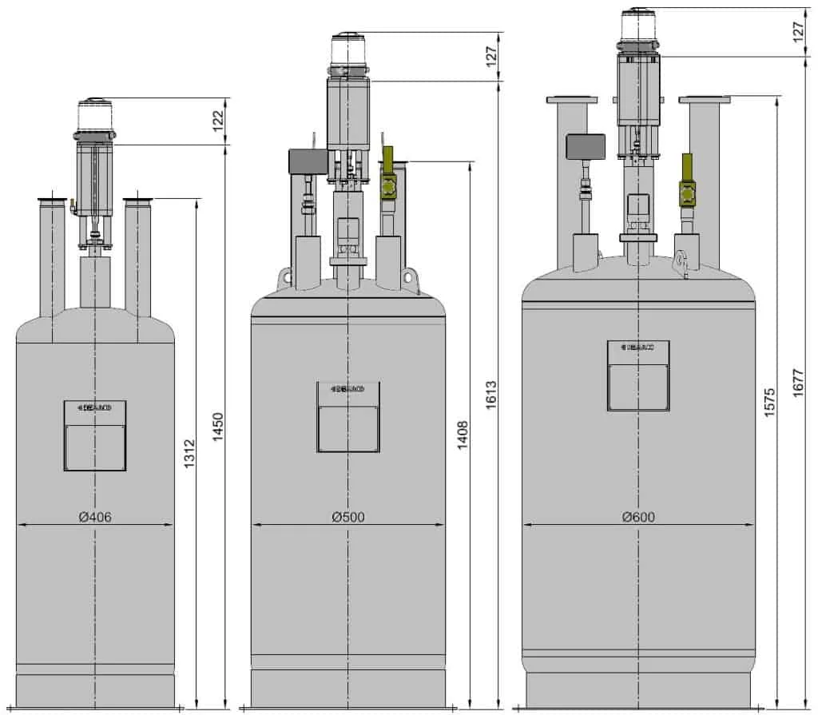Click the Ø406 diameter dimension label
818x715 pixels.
point(95,517)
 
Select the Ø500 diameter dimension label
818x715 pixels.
point(348,517)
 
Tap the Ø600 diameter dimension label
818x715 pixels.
point(638,517)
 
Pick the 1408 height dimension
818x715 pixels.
point(463,435)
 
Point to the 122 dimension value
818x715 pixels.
point(218,121)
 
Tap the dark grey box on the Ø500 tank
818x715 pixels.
point(306,162)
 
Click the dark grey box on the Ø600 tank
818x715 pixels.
point(585,145)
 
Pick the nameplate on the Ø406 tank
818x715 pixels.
point(95,435)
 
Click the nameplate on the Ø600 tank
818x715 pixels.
point(638,375)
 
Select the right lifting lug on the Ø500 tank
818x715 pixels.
point(411,277)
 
